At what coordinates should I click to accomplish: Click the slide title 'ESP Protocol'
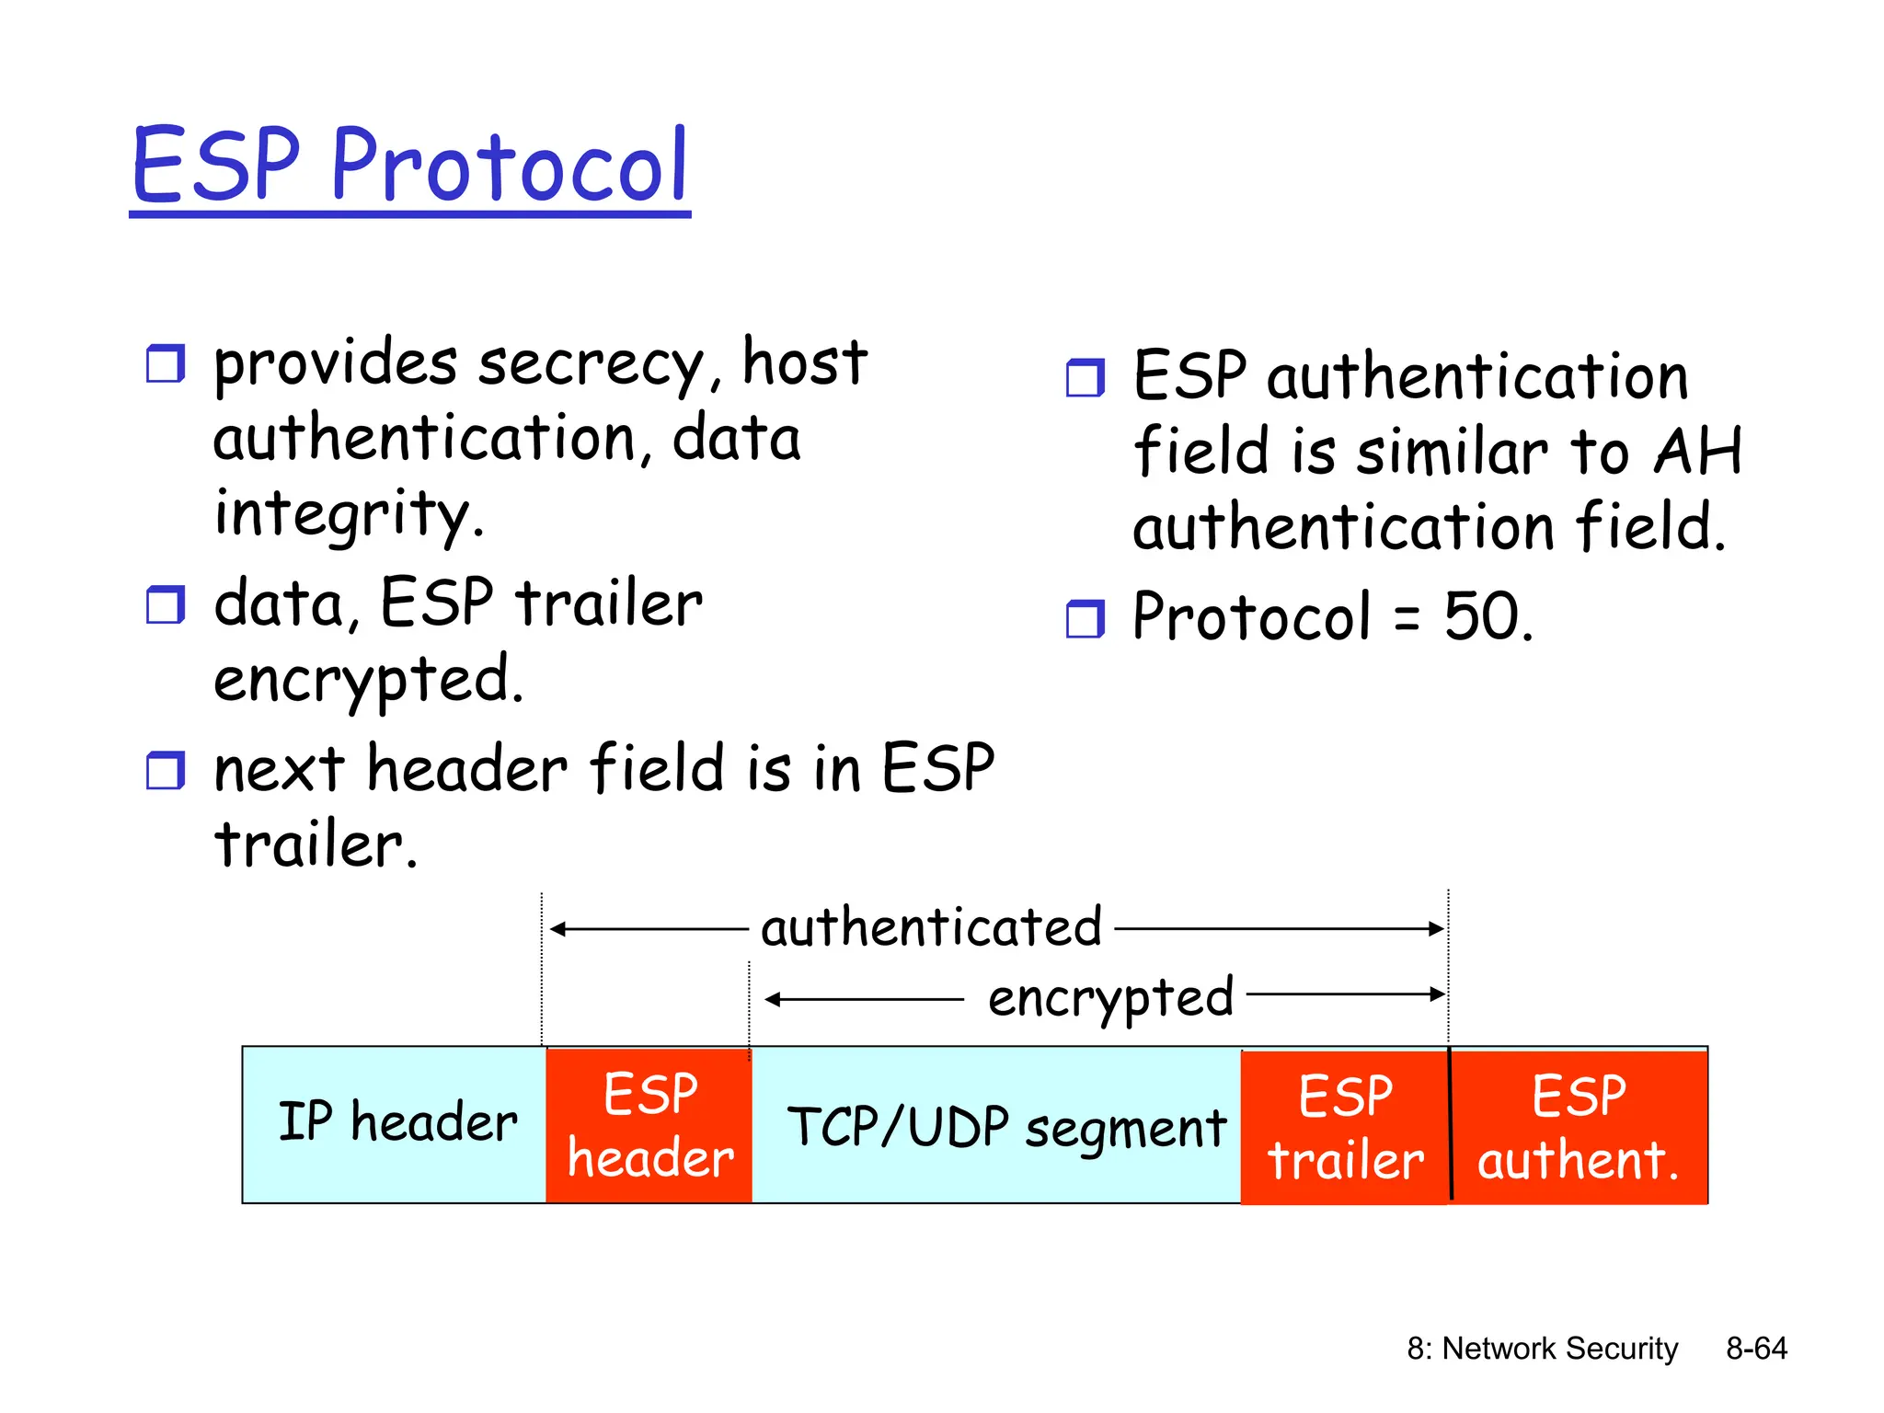pos(410,166)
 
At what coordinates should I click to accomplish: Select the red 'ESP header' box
pos(649,1125)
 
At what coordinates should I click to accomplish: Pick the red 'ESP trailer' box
pos(1344,1127)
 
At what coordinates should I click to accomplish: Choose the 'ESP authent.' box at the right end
pos(1579,1127)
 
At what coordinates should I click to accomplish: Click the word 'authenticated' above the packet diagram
pos(931,927)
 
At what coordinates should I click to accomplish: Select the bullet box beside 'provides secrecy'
pos(166,364)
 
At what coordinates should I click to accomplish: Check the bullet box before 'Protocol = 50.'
pos(1086,619)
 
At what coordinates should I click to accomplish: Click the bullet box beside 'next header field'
pos(166,771)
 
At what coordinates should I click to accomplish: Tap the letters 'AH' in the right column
pos(1697,452)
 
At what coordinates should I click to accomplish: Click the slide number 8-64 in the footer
pos(1755,1349)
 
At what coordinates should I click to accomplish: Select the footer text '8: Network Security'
pos(1542,1349)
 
